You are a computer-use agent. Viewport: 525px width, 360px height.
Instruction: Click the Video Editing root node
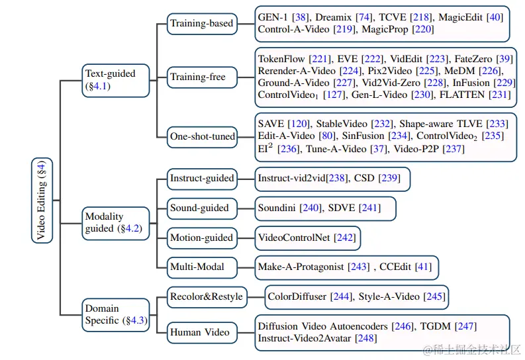click(42, 201)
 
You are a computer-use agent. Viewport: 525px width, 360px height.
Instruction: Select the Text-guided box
click(116, 81)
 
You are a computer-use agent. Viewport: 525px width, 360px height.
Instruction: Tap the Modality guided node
click(116, 224)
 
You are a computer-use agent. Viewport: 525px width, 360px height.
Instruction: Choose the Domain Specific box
click(116, 315)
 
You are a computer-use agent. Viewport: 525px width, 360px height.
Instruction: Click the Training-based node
click(202, 24)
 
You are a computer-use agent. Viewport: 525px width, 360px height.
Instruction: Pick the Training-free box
click(202, 77)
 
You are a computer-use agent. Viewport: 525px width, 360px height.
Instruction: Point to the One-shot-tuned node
click(202, 137)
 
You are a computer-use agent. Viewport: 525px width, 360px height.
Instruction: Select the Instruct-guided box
click(202, 179)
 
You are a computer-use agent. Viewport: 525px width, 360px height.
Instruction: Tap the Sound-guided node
click(202, 208)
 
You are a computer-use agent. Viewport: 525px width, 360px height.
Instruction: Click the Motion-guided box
click(202, 238)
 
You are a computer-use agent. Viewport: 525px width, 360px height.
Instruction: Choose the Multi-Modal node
click(202, 267)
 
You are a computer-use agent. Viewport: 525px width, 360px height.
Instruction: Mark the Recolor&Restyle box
click(207, 297)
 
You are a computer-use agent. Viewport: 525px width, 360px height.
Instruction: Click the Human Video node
click(202, 333)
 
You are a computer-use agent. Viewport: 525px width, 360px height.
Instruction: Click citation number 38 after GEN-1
click(300, 17)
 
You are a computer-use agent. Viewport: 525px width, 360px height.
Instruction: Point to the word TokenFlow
click(281, 59)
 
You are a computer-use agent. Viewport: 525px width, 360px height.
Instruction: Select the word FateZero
click(473, 59)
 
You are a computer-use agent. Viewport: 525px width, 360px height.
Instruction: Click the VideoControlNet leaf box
click(308, 238)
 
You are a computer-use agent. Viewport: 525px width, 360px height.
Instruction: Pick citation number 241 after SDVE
click(369, 208)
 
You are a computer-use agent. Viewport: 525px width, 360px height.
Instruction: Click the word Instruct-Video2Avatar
click(305, 338)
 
